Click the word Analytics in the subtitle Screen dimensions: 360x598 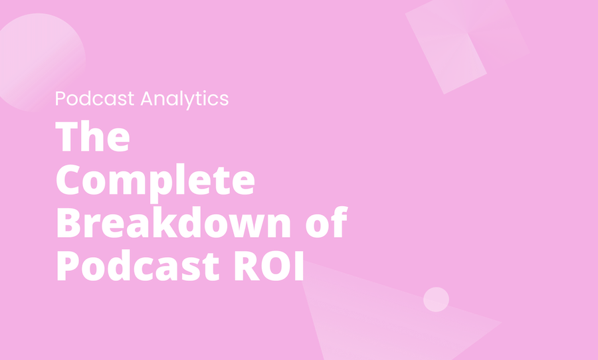185,99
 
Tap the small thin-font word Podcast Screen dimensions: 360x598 96,99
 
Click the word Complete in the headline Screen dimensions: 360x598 155,180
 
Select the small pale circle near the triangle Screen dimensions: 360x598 436,300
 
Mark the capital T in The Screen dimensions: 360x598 66,137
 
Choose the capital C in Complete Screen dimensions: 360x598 69,180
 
